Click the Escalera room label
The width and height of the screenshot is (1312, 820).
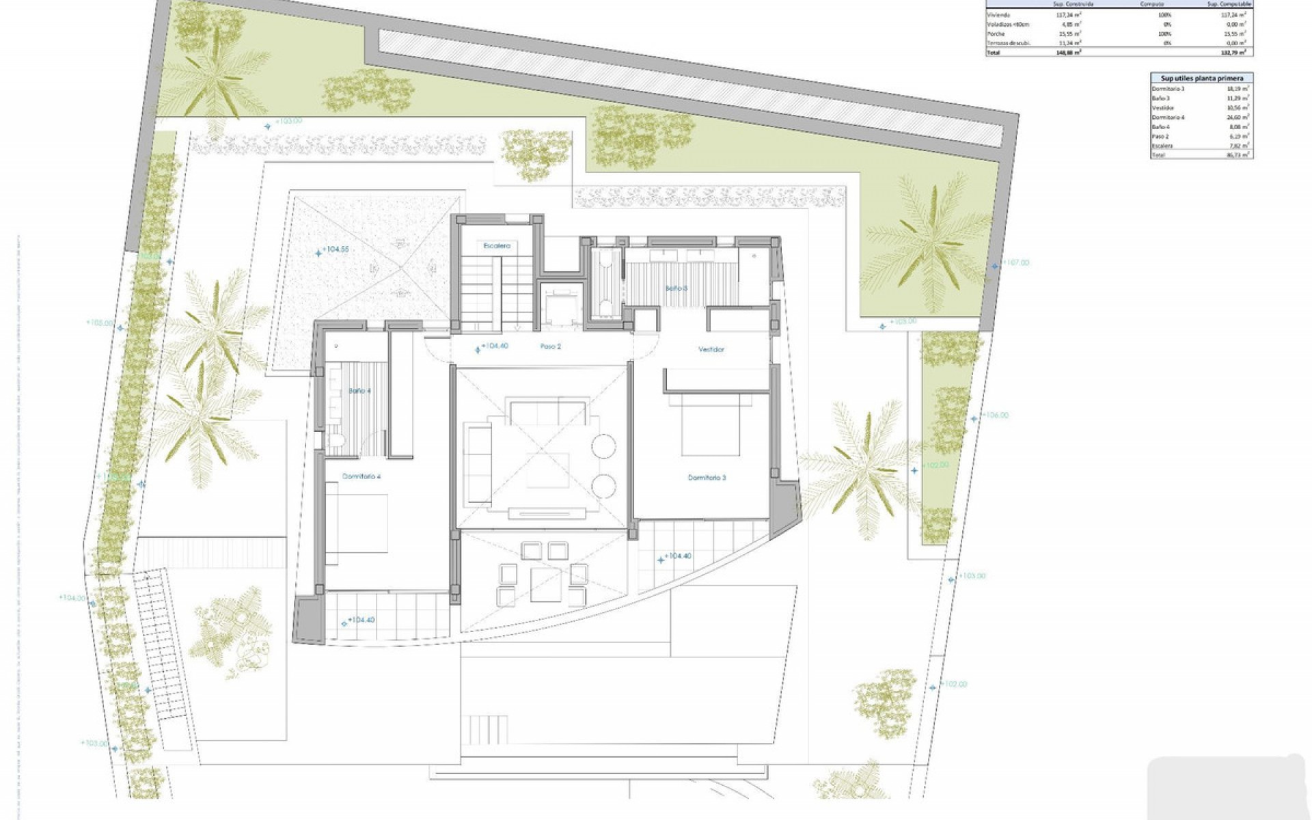click(497, 245)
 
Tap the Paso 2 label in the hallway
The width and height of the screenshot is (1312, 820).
click(550, 346)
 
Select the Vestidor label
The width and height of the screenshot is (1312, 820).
click(711, 349)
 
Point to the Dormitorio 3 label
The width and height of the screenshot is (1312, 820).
click(707, 478)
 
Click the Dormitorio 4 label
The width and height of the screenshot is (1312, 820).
click(361, 477)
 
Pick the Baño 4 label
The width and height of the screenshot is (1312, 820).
click(359, 391)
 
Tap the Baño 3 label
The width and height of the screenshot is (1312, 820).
click(676, 288)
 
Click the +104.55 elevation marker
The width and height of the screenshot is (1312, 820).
click(335, 249)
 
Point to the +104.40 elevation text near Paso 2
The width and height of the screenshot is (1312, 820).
click(495, 346)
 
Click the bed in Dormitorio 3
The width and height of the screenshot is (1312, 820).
click(711, 425)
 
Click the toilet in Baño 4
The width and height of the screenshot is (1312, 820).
click(336, 441)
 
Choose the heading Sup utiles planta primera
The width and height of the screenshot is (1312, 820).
click(1201, 79)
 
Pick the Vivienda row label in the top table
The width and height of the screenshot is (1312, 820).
click(998, 15)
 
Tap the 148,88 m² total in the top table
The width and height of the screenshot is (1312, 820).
click(1068, 52)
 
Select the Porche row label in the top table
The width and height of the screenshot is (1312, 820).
click(997, 33)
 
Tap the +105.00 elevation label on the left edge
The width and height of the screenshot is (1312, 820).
click(100, 323)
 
